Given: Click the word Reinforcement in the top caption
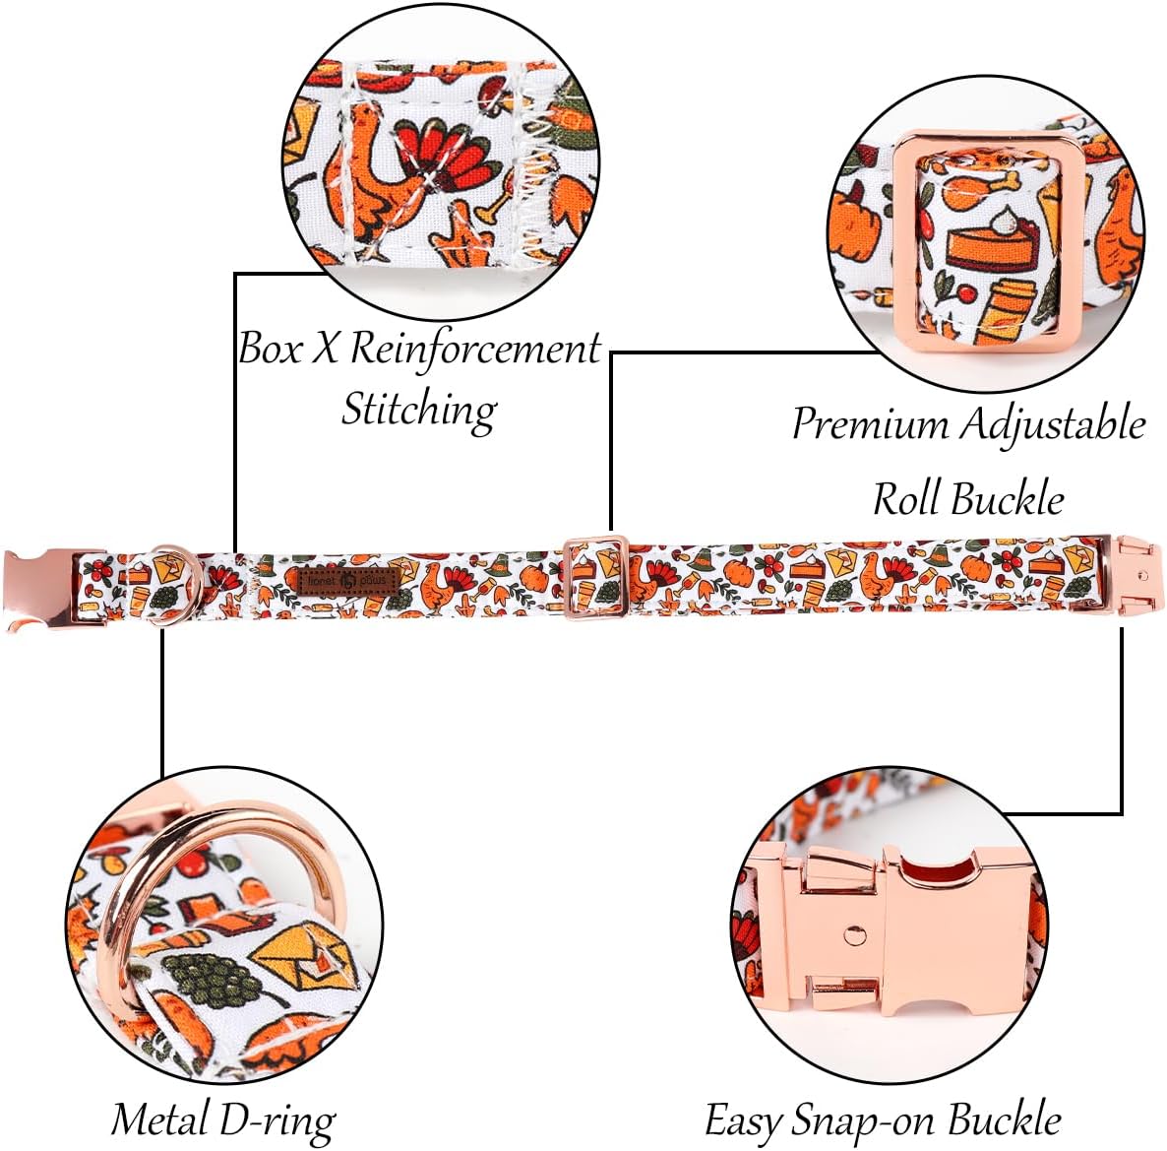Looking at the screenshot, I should pyautogui.click(x=475, y=349).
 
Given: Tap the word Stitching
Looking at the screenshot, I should pyautogui.click(x=419, y=409).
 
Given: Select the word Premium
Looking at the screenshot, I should pyautogui.click(x=870, y=423).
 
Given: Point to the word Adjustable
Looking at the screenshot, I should pyautogui.click(x=1053, y=424).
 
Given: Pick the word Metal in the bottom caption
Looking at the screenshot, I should pyautogui.click(x=159, y=1119).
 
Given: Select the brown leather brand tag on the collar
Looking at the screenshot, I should pyautogui.click(x=349, y=581).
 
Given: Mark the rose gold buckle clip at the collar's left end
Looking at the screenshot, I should pyautogui.click(x=39, y=589).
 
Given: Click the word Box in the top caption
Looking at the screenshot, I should pyautogui.click(x=271, y=349).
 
